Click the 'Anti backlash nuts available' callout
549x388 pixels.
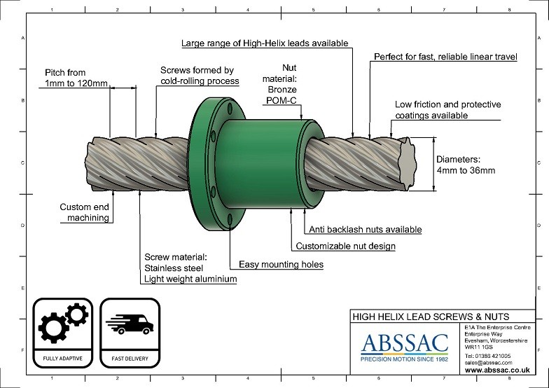pyautogui.click(x=365, y=230)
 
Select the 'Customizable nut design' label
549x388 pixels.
pyautogui.click(x=345, y=247)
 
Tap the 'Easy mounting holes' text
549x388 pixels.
pyautogui.click(x=281, y=265)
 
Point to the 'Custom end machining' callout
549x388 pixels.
pyautogui.click(x=84, y=212)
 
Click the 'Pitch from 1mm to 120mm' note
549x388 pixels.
pyautogui.click(x=76, y=78)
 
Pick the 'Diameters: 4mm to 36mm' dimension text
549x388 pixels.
pyautogui.click(x=465, y=165)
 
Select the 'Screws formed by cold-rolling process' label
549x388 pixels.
pyautogui.click(x=200, y=76)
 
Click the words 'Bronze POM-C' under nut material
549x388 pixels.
pyautogui.click(x=283, y=95)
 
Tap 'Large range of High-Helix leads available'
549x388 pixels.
pyautogui.click(x=264, y=43)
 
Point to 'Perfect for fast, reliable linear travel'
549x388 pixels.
pyautogui.click(x=445, y=57)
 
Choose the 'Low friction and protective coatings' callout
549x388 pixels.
pyautogui.click(x=447, y=110)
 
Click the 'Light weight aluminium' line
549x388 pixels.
pyautogui.click(x=190, y=279)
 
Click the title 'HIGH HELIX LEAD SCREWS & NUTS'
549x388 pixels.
pyautogui.click(x=430, y=317)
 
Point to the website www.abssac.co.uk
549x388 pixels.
pyautogui.click(x=496, y=370)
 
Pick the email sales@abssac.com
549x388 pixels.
pyautogui.click(x=488, y=362)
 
